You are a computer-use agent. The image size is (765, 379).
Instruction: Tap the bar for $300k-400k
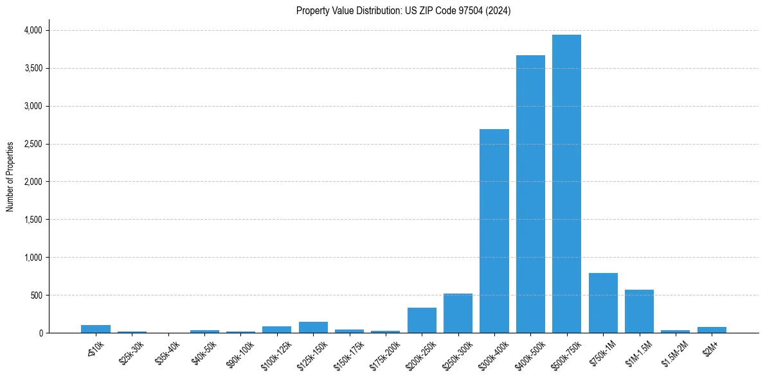(494, 231)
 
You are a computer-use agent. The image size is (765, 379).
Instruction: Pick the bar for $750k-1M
(603, 303)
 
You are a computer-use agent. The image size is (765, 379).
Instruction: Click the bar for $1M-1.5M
(639, 312)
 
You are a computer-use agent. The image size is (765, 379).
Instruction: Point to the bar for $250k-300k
(458, 313)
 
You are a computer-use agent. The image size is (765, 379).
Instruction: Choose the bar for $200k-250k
(422, 321)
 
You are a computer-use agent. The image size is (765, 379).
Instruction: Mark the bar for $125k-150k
(313, 328)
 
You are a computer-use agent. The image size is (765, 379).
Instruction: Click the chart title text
(403, 11)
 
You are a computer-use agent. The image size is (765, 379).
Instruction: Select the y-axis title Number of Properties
(10, 177)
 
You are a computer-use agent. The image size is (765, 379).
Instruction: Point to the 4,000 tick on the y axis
(33, 30)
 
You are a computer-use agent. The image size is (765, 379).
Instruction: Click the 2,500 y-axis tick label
(33, 144)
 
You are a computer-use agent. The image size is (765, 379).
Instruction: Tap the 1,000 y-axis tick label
(33, 258)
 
